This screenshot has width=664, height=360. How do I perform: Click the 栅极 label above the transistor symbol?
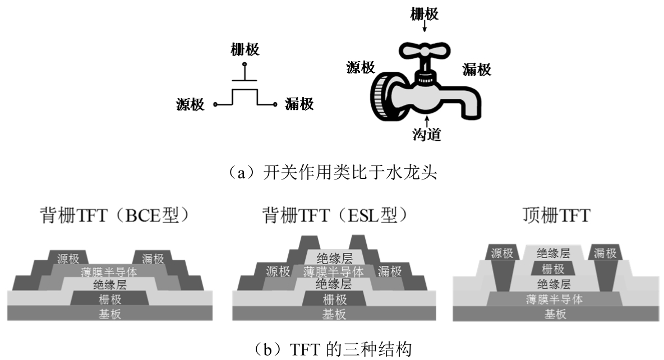tap(245, 50)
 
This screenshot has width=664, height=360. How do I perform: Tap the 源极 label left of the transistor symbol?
tap(190, 104)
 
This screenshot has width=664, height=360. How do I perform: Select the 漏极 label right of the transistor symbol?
tap(299, 104)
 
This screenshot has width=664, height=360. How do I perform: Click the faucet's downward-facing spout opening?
tap(472, 114)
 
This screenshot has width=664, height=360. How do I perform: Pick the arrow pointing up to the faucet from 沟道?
tap(427, 120)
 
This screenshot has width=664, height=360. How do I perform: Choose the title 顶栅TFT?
tap(552, 215)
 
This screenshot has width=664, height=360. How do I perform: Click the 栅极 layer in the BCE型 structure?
tap(110, 298)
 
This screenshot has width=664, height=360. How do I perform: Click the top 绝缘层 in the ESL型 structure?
tap(334, 258)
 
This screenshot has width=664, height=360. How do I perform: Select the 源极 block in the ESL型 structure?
tap(278, 272)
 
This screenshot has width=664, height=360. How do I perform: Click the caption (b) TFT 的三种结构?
tap(332, 350)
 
